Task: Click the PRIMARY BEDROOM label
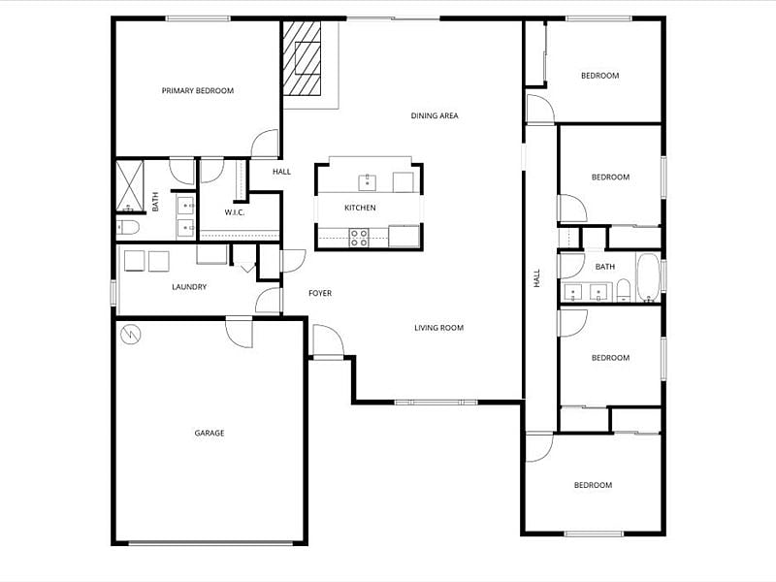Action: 198,90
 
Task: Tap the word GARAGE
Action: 210,433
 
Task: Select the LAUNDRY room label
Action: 189,287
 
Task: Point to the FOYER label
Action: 320,294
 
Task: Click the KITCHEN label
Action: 360,208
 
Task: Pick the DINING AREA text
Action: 435,115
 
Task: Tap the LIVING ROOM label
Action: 439,328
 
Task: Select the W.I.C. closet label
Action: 234,212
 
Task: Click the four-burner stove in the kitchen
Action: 359,237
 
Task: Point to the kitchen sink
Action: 368,182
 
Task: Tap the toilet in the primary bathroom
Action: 128,228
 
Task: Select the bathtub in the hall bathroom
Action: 648,277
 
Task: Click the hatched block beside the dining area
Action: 302,58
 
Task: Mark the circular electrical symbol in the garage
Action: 131,335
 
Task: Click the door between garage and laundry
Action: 240,333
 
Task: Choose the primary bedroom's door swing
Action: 265,144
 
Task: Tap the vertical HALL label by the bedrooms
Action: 537,278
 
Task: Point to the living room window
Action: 436,403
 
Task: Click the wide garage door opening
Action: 210,543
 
